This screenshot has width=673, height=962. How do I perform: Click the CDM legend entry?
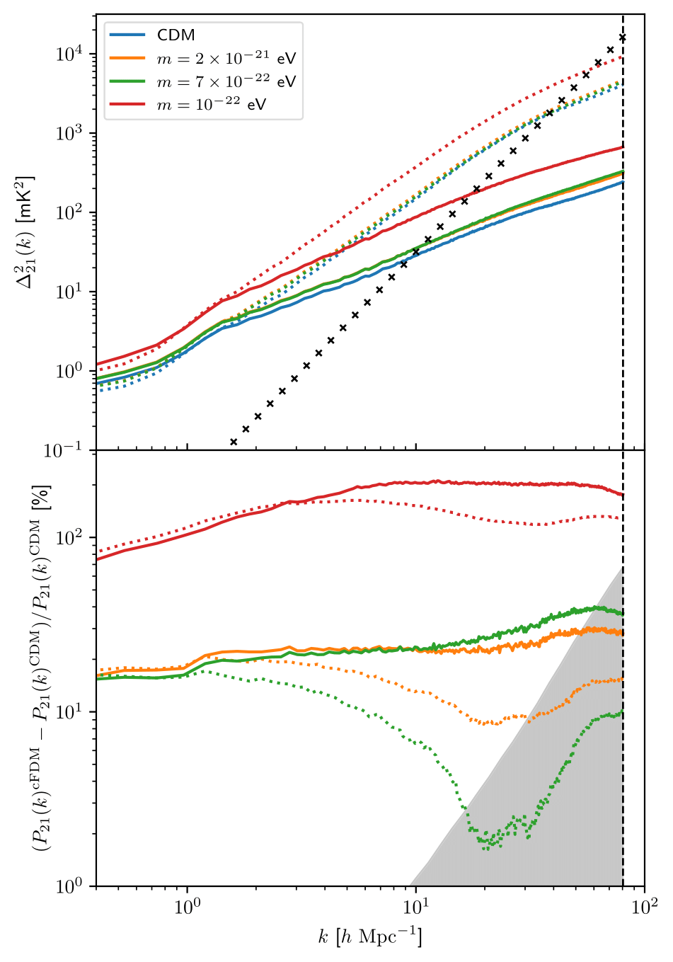(176, 35)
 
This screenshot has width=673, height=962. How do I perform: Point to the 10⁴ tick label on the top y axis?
(71, 54)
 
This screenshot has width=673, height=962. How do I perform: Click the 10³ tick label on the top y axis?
(71, 133)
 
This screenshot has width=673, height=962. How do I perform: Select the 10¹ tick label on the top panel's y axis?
(71, 292)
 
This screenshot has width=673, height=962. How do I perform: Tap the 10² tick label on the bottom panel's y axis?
(71, 537)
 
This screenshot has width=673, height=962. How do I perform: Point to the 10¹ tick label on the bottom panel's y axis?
(71, 711)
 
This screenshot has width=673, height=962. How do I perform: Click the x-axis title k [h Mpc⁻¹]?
(369, 938)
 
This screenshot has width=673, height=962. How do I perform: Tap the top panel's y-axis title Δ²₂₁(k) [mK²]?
(26, 232)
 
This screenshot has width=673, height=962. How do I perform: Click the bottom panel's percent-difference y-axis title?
(39, 668)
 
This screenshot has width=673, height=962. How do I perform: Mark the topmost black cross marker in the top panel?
(623, 37)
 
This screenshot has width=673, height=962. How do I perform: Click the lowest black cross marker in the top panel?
(234, 442)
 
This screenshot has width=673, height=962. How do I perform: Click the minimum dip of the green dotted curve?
(485, 847)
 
